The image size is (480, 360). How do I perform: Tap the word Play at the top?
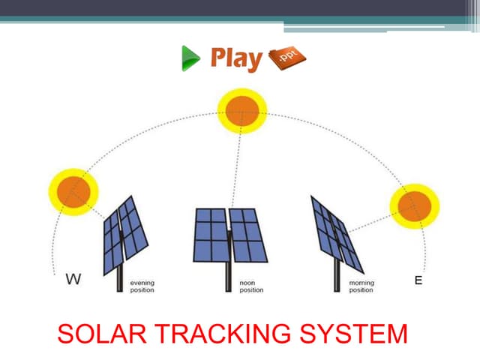click(236, 58)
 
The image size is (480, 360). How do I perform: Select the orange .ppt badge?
click(286, 57)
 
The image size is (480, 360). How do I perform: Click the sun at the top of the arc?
click(241, 112)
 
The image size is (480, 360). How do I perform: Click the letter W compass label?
click(73, 280)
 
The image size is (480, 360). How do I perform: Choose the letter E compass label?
click(418, 280)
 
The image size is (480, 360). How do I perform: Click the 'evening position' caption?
click(142, 286)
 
